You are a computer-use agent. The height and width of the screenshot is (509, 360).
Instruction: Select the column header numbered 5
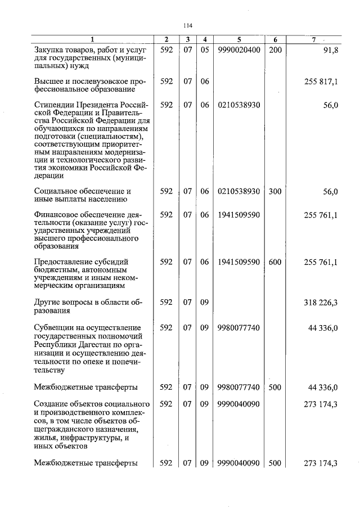pyautogui.click(x=239, y=39)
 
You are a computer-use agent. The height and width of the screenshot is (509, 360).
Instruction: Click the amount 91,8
pyautogui.click(x=329, y=49)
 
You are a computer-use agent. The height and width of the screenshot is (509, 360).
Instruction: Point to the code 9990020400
pyautogui.click(x=239, y=49)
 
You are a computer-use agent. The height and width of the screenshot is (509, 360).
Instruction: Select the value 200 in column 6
pyautogui.click(x=275, y=49)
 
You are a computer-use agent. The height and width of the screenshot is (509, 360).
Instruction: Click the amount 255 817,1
pyautogui.click(x=321, y=82)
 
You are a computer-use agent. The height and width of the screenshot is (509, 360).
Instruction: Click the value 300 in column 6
pyautogui.click(x=275, y=192)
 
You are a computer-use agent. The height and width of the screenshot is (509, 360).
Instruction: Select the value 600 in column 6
pyautogui.click(x=275, y=262)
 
